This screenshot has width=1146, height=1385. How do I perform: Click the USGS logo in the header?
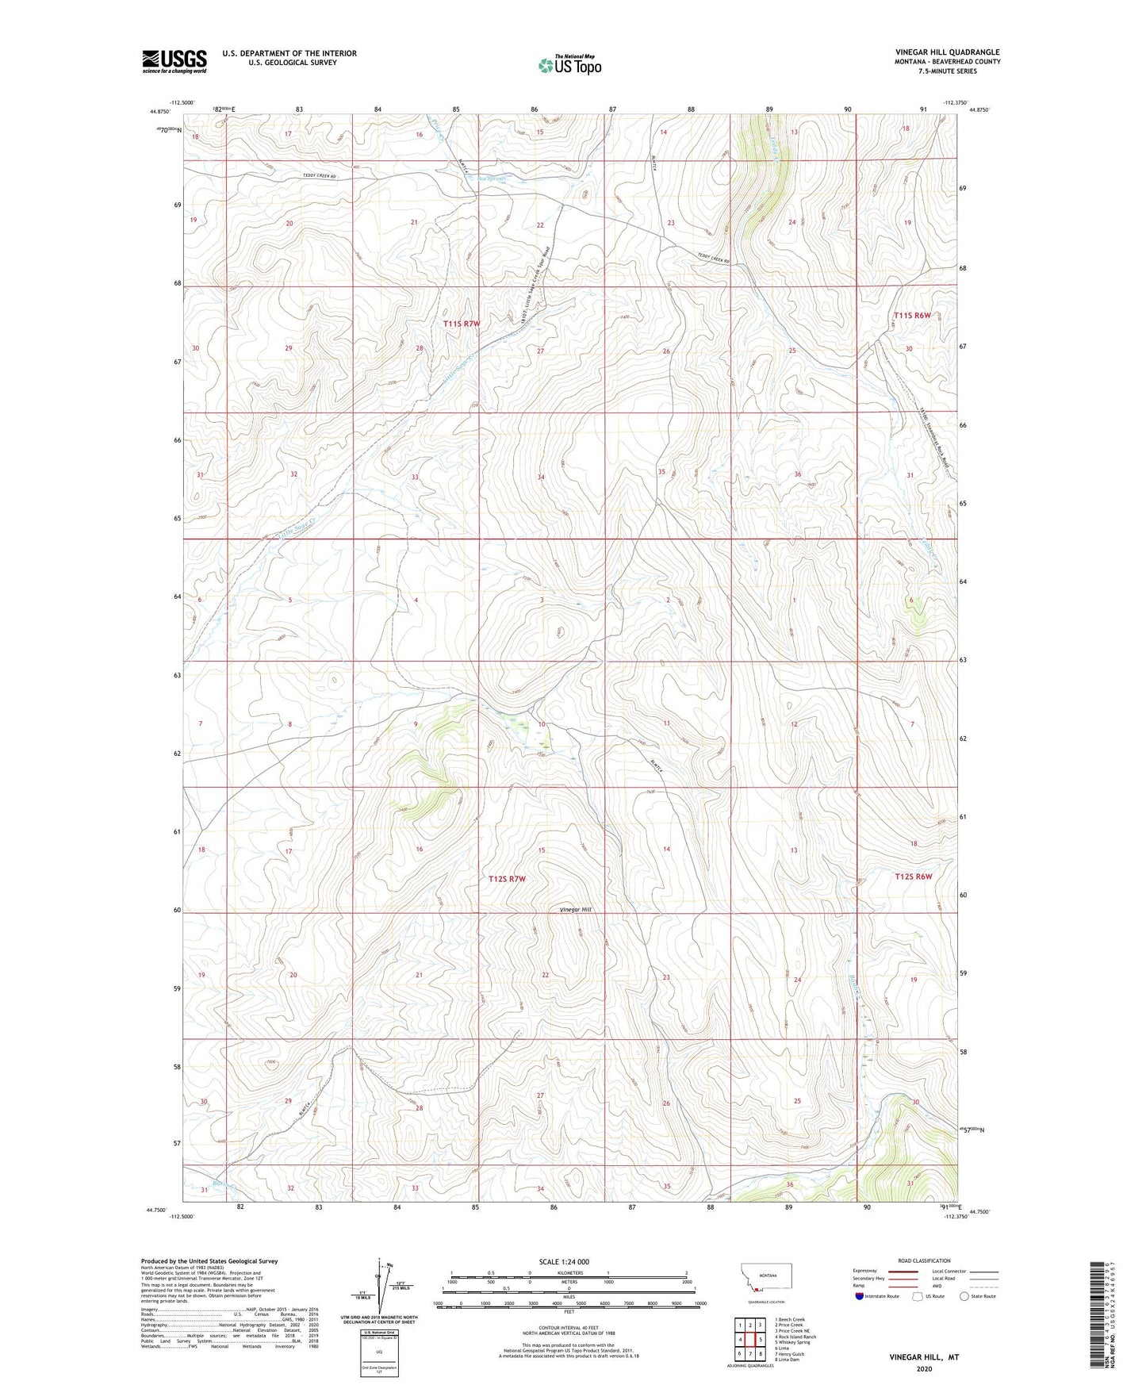point(174,61)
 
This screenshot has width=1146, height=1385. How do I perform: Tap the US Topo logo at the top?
point(569,65)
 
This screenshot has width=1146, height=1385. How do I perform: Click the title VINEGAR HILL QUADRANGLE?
point(947,52)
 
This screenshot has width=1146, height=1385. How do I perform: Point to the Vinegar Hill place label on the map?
point(576,910)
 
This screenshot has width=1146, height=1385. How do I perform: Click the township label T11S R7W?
point(462,324)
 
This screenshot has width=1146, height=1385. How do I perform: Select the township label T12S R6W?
point(913,877)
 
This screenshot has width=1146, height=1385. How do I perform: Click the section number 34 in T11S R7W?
point(541,477)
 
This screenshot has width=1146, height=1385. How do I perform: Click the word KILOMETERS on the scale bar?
point(569,1272)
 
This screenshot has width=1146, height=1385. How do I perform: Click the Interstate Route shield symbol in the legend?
point(860,1295)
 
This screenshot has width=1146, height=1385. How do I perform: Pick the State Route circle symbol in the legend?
point(964,1295)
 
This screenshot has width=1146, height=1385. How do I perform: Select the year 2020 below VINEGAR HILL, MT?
point(924,1368)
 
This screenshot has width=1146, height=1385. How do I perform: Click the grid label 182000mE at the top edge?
point(224,109)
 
